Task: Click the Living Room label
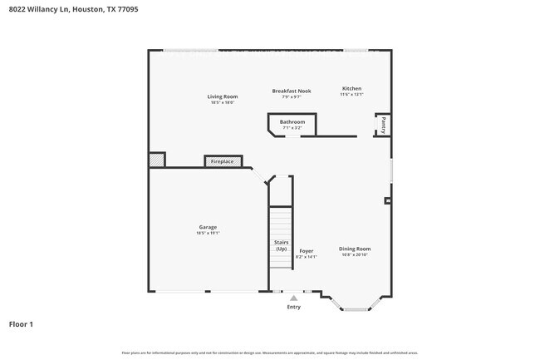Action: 223,96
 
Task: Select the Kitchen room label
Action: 351,88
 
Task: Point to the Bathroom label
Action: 292,122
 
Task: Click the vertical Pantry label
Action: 383,125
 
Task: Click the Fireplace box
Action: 223,161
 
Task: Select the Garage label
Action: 208,227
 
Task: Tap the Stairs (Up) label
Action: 281,245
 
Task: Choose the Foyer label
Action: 306,250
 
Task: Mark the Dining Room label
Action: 355,249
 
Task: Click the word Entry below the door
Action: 293,307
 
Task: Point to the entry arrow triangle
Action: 292,298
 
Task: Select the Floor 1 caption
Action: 21,323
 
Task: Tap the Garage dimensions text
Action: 208,233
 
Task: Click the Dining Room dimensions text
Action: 355,255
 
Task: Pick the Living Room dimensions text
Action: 223,102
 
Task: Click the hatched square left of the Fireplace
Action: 157,160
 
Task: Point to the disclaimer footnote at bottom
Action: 270,353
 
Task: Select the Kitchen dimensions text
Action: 351,95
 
